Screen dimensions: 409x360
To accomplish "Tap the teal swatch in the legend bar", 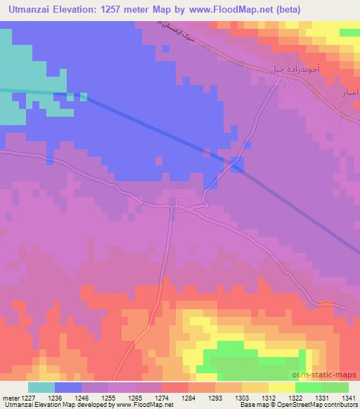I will [x=41, y=387].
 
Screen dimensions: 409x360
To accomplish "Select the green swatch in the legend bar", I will [x=322, y=387].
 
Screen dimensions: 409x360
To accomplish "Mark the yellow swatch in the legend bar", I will [x=282, y=387].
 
